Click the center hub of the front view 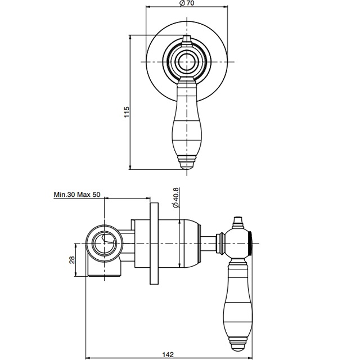(x=186, y=62)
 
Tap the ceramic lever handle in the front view (x=186, y=121)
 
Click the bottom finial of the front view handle (x=186, y=163)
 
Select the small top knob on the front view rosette (x=186, y=39)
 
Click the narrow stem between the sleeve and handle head (x=210, y=244)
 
